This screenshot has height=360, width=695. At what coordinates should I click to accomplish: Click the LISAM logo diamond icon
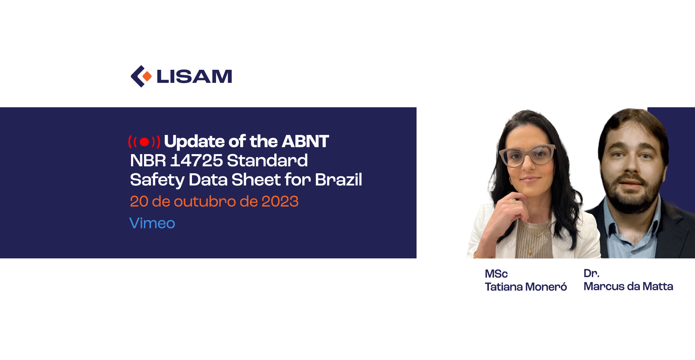141,76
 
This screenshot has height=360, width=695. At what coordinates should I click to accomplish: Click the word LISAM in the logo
194,76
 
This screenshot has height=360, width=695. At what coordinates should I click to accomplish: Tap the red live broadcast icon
144,142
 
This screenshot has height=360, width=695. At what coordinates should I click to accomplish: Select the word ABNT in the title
305,141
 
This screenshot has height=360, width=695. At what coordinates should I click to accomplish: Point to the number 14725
197,160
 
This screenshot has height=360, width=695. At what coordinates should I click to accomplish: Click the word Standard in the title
267,160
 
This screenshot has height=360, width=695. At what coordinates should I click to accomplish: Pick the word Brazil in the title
338,179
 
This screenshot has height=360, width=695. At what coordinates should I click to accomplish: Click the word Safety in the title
157,180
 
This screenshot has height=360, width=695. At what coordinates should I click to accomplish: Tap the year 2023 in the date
280,201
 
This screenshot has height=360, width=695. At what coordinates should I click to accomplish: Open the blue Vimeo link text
152,223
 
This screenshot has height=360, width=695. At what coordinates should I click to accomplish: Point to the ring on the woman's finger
513,201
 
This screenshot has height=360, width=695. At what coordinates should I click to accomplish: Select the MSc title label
496,274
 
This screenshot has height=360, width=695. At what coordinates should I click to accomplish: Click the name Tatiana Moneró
526,287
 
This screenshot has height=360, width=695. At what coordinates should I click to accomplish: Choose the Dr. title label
591,273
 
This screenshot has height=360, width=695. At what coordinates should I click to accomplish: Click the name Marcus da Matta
628,286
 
